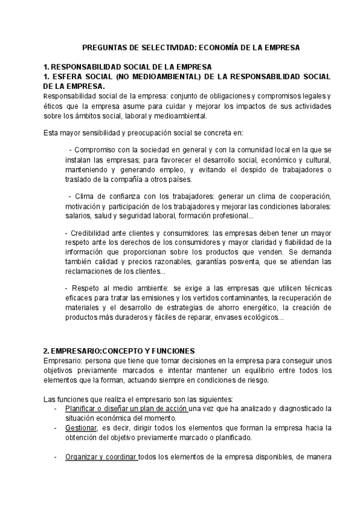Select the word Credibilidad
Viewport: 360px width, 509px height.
[x=94, y=234]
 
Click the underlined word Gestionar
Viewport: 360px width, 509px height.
[x=82, y=427]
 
